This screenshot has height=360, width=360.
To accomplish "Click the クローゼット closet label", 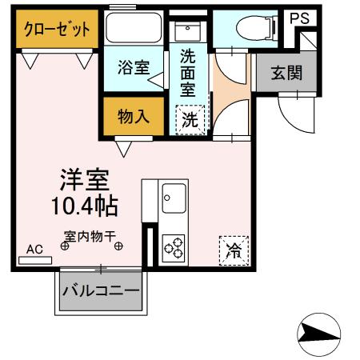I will pyautogui.click(x=56, y=30).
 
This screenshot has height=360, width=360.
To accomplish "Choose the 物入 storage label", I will pyautogui.click(x=134, y=116).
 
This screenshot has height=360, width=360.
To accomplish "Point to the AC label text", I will pyautogui.click(x=34, y=249).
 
